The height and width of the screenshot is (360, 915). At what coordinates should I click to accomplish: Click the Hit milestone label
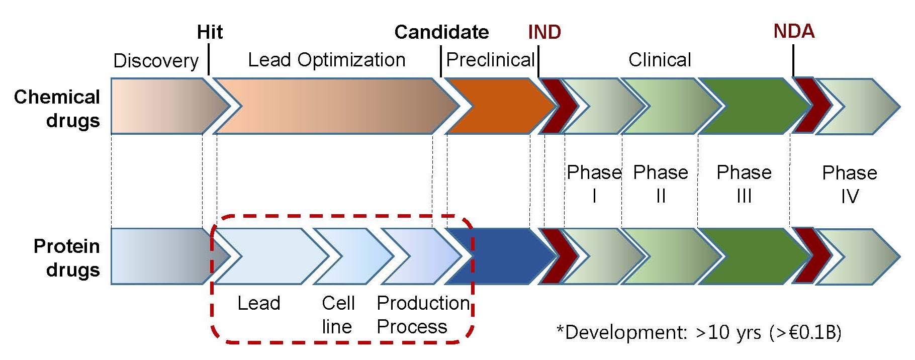[210, 32]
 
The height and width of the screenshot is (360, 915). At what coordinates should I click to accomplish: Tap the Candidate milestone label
[441, 32]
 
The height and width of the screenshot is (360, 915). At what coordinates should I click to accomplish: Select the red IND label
[544, 32]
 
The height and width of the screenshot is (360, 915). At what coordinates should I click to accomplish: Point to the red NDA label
[793, 31]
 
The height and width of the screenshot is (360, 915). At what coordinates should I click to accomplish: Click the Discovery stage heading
[156, 61]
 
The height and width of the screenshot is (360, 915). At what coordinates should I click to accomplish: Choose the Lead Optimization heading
[326, 60]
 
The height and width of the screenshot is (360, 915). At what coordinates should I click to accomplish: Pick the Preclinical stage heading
[490, 60]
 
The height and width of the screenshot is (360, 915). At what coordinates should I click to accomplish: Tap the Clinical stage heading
[660, 60]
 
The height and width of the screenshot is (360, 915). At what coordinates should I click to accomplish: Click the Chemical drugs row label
[57, 109]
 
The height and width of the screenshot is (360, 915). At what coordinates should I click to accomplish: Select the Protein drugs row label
[67, 258]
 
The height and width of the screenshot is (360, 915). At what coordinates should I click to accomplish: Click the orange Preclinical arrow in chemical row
[495, 106]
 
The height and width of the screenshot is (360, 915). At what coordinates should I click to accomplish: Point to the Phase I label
[594, 184]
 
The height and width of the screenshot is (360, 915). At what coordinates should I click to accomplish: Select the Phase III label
[744, 184]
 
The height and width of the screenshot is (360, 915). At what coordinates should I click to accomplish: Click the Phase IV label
[849, 184]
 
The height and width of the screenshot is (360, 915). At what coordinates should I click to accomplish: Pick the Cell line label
[338, 315]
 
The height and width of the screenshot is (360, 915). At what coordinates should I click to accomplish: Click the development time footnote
[699, 332]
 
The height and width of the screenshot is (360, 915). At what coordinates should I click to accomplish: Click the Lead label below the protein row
[258, 303]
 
